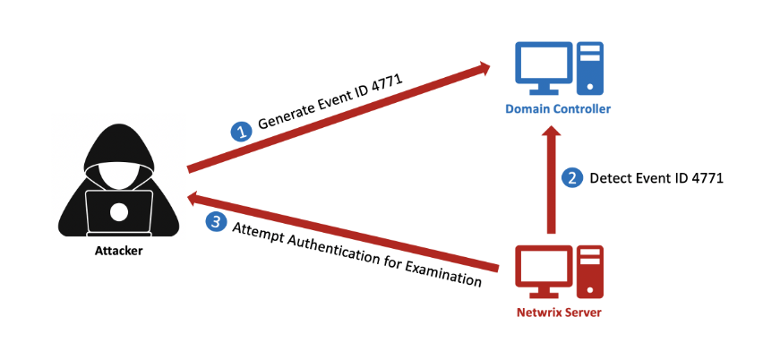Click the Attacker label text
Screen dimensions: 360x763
click(118, 251)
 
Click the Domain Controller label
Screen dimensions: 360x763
click(558, 109)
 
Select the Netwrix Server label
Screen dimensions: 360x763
click(558, 313)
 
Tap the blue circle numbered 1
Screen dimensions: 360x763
click(241, 133)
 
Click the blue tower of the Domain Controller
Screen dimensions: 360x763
click(587, 68)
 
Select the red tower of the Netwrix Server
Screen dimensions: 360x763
click(588, 271)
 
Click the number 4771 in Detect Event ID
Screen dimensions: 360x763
click(704, 177)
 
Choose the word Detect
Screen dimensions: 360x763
click(608, 177)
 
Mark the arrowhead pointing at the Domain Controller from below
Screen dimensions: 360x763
click(549, 131)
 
